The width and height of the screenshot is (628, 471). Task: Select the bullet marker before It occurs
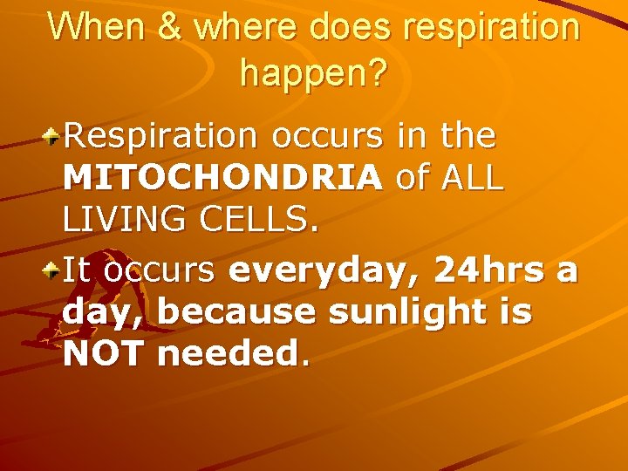click(x=53, y=270)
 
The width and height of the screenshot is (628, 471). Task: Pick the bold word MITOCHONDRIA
click(x=222, y=178)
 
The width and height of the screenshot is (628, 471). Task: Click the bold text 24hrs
click(x=489, y=270)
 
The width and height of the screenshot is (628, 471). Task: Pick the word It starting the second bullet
click(x=76, y=270)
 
